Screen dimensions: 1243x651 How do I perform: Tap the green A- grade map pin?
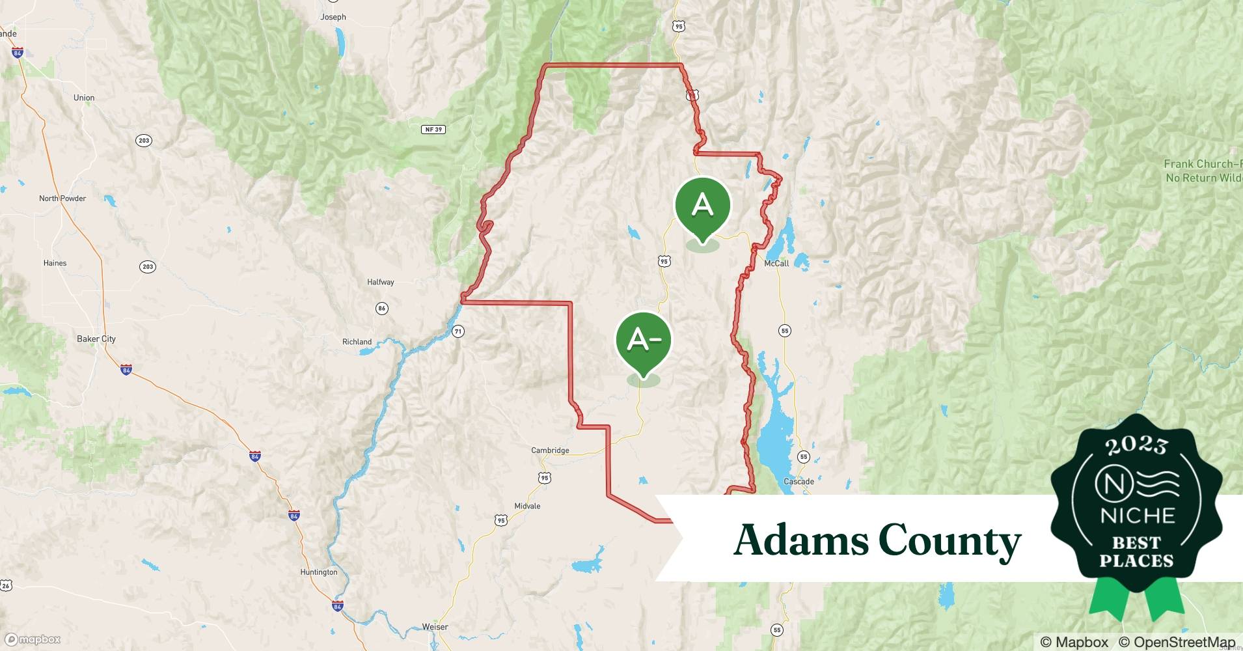[643, 340]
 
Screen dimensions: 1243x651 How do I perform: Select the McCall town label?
[776, 263]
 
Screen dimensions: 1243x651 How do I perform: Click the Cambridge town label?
[550, 450]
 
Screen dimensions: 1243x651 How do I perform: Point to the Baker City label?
[96, 339]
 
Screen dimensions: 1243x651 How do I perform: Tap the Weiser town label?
[435, 627]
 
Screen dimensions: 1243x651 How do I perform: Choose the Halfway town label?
[381, 282]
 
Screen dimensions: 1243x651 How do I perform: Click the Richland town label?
[357, 342]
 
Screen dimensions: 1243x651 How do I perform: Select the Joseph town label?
[333, 17]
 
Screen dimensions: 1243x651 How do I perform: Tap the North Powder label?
[62, 198]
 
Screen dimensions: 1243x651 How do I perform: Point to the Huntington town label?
[319, 572]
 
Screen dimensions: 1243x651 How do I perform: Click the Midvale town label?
[527, 506]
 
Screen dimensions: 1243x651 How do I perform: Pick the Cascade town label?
[799, 482]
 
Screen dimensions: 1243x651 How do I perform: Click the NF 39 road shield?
[433, 130]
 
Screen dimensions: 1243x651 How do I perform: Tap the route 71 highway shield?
[458, 331]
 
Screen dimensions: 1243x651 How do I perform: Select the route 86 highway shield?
[382, 308]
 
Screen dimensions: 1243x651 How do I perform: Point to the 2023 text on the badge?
[1136, 445]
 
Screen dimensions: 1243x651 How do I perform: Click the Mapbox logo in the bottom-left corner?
[33, 639]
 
